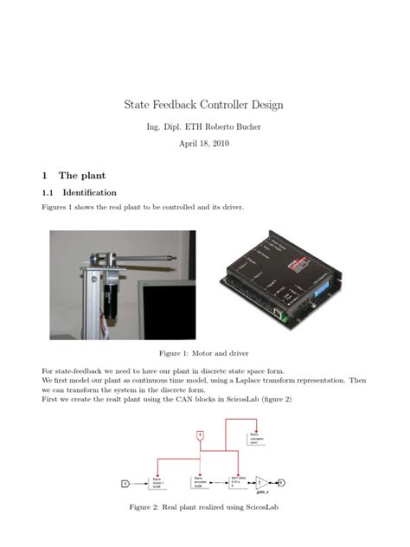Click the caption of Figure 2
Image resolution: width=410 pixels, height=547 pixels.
[x=204, y=506]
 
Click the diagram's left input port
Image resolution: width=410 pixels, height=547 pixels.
[x=125, y=483]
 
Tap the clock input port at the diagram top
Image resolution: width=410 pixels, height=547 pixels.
[x=200, y=434]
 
